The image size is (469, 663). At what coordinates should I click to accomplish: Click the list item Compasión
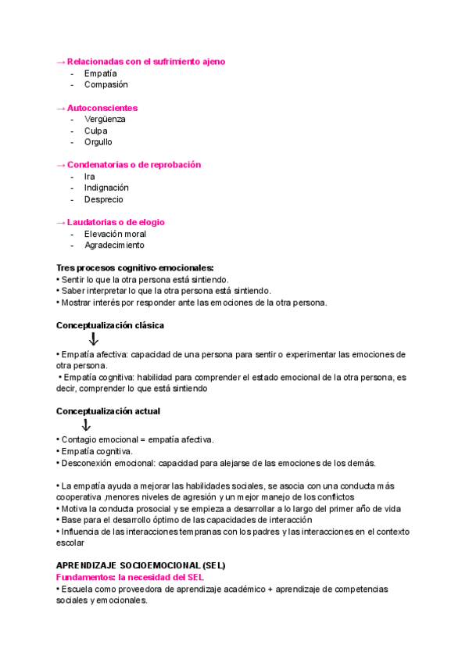coord(106,84)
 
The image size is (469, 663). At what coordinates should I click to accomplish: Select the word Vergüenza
coord(105,119)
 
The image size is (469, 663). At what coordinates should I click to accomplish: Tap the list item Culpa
coord(96,131)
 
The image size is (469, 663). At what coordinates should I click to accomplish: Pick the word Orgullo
coord(98,142)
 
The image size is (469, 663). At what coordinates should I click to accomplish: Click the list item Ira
coord(89,177)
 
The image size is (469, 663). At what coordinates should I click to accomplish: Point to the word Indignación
coord(106,188)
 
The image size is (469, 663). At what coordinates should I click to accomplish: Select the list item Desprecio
coord(104,199)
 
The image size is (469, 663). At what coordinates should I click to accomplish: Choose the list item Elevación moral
coord(115,234)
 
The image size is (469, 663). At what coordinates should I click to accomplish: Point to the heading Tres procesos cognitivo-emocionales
coord(134,267)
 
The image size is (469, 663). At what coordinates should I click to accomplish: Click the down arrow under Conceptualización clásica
coord(93,339)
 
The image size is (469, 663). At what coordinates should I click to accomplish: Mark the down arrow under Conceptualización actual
coord(86,425)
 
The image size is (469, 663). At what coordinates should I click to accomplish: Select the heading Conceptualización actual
coord(109,410)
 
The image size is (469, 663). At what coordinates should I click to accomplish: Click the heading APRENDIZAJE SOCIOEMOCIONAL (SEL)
coord(141,564)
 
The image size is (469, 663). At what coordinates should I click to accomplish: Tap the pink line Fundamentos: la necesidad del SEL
coord(130,576)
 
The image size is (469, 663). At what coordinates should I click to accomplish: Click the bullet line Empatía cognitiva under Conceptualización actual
coord(96,451)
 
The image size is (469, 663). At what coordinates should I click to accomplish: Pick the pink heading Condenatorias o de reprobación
coord(129,165)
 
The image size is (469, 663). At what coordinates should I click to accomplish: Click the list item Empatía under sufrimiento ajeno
coord(101,73)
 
